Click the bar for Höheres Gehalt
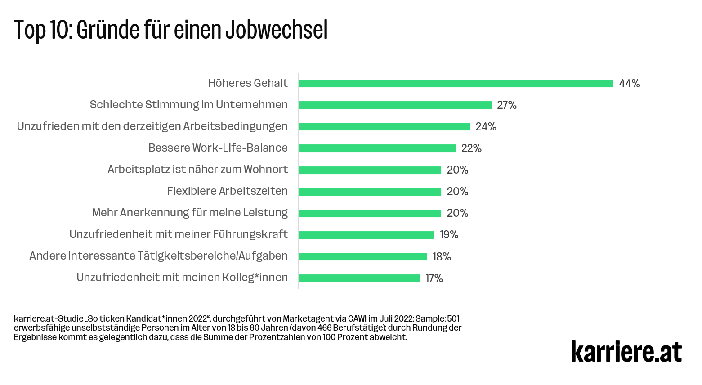click(x=455, y=83)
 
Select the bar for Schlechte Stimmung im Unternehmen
click(x=395, y=105)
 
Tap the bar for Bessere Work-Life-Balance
click(x=377, y=148)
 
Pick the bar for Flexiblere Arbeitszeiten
click(x=370, y=192)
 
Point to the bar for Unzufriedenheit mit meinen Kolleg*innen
click(x=359, y=278)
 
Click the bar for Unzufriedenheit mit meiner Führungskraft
click(x=366, y=235)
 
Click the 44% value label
click(x=629, y=84)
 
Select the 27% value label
click(x=507, y=105)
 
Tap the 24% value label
click(x=486, y=127)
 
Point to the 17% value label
click(x=434, y=278)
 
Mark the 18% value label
click(x=442, y=257)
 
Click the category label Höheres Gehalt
click(x=247, y=83)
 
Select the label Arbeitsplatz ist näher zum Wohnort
click(x=197, y=170)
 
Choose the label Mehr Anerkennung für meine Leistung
click(x=190, y=213)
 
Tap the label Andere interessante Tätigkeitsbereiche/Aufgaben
click(x=158, y=256)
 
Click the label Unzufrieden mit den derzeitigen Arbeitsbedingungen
click(x=152, y=126)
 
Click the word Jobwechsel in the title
click(x=276, y=30)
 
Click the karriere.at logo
click(x=626, y=351)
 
